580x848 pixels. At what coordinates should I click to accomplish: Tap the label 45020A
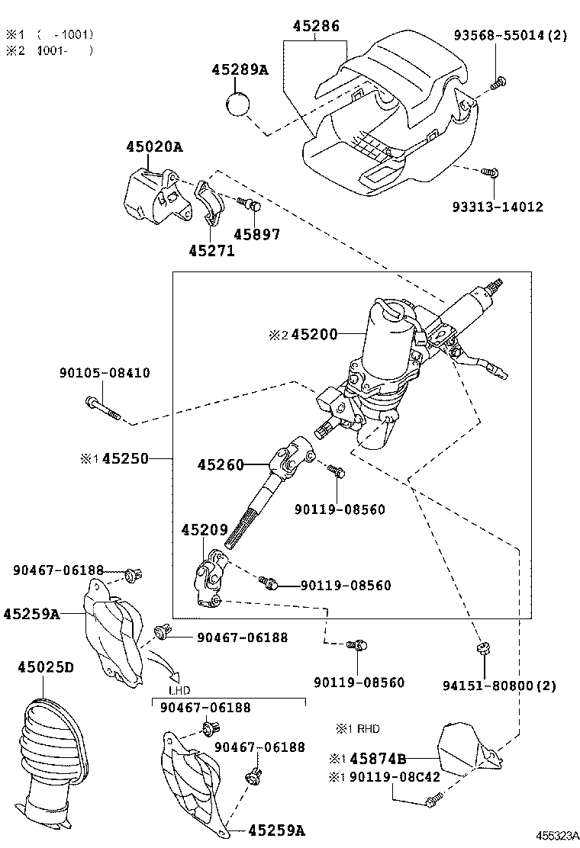coord(155,147)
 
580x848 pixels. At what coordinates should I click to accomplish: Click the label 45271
coord(211,250)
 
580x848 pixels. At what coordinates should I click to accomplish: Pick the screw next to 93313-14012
coord(491,174)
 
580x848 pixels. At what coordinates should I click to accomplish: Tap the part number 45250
coord(126,459)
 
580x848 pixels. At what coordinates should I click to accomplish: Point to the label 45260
coord(221,464)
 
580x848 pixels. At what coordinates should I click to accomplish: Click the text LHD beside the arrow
coord(179,690)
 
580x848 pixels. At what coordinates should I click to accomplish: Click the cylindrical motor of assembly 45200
coord(389,336)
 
